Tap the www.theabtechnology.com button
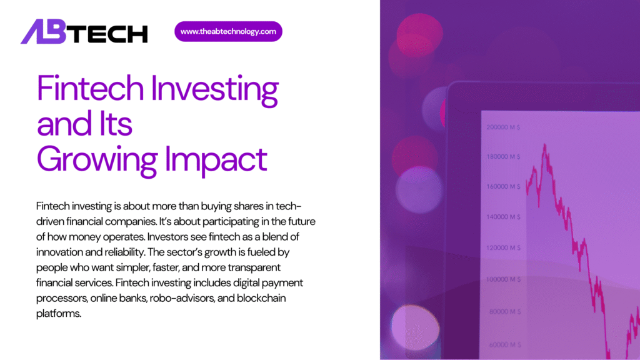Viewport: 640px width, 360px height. click(228, 31)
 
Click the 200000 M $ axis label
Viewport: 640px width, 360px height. click(504, 127)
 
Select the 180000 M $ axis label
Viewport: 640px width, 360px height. click(504, 157)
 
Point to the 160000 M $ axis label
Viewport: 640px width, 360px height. click(504, 187)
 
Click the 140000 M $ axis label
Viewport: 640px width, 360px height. click(504, 217)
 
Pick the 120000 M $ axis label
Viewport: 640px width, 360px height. click(504, 247)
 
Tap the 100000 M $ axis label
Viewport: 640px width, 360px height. click(504, 279)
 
